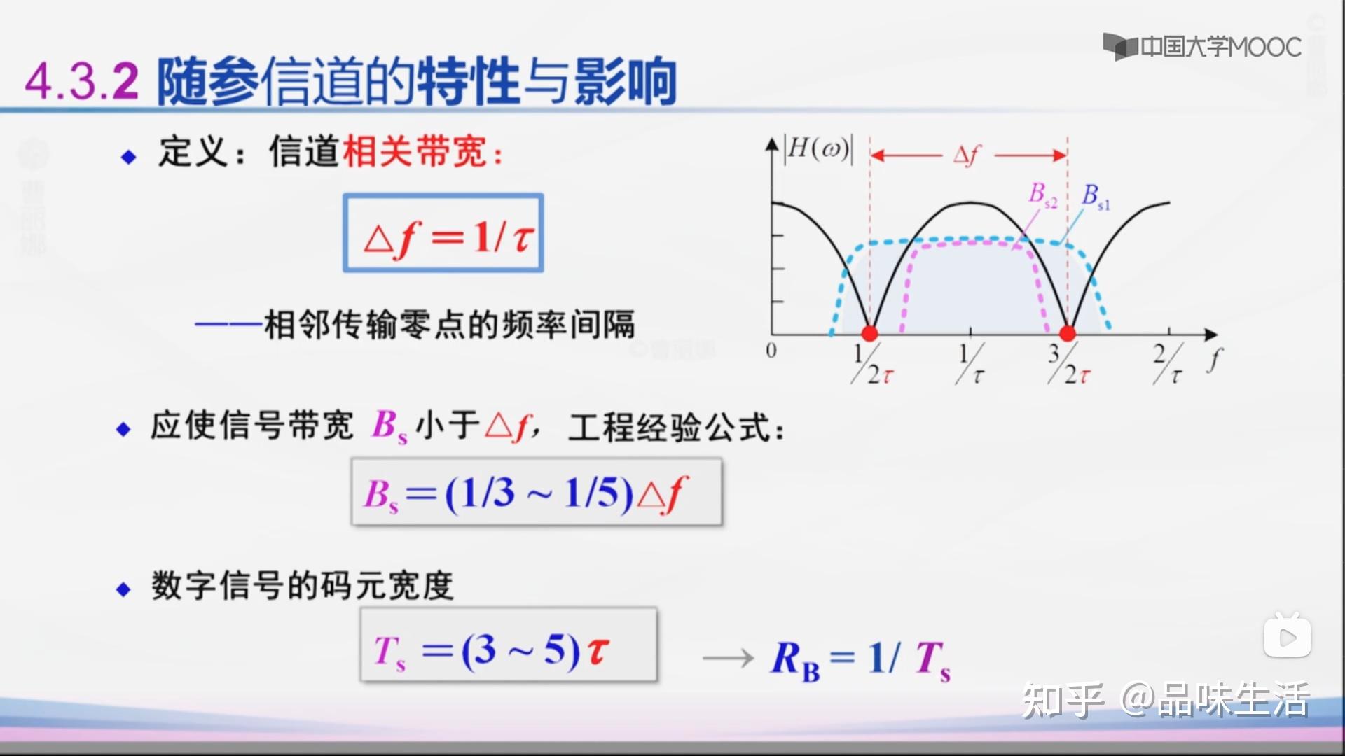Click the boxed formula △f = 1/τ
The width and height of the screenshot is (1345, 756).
click(x=443, y=233)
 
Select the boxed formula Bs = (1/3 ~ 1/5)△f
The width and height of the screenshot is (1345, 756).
click(x=536, y=492)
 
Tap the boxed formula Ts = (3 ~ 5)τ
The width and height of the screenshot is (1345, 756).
click(x=508, y=645)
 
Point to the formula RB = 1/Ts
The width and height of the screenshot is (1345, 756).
click(x=861, y=659)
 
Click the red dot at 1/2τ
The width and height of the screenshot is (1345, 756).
click(x=869, y=333)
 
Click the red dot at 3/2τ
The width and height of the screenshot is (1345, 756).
click(x=1067, y=333)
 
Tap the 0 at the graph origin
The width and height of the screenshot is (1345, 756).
click(x=771, y=350)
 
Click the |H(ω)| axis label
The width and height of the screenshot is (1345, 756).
click(x=818, y=149)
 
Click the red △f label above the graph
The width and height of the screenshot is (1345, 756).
click(x=967, y=155)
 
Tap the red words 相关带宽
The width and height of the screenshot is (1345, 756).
click(x=415, y=151)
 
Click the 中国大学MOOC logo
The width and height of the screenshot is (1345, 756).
click(x=1202, y=47)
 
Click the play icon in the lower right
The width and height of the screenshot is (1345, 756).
click(x=1287, y=637)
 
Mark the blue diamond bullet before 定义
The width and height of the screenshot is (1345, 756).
click(x=128, y=157)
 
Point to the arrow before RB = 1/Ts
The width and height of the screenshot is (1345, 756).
click(x=728, y=658)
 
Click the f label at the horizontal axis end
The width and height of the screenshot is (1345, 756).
click(x=1215, y=360)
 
